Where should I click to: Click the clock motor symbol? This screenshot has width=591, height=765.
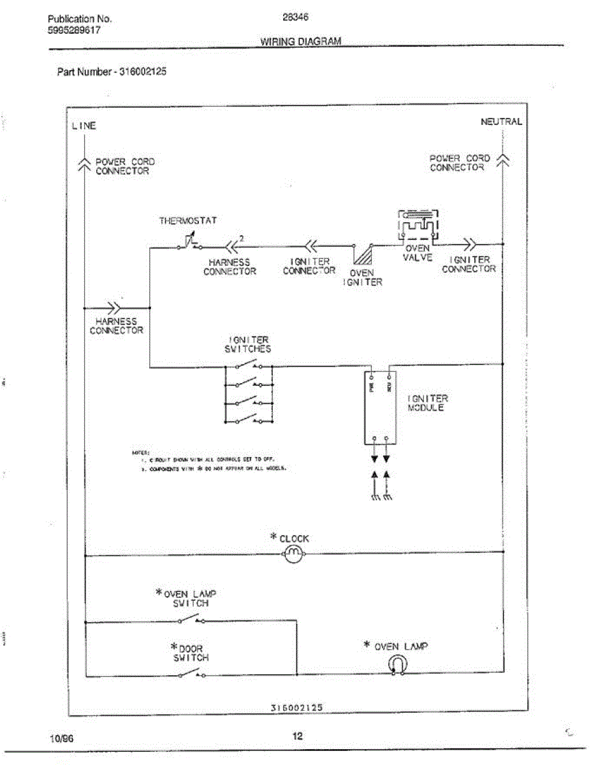[292, 553]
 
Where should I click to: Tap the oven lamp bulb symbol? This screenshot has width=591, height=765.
[396, 665]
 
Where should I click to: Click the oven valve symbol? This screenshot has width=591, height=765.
[418, 226]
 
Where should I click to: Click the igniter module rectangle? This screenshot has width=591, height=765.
[380, 405]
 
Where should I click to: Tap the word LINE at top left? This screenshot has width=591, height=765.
[84, 126]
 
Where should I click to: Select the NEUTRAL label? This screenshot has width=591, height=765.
[501, 121]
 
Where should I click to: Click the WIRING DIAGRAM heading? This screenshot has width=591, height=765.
[301, 41]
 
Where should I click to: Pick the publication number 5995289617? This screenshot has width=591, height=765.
[74, 30]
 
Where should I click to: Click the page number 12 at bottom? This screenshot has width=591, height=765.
[297, 736]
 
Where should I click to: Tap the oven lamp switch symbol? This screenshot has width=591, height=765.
[191, 619]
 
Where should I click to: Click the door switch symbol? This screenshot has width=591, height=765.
[191, 674]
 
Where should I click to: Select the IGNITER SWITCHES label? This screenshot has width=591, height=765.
[247, 344]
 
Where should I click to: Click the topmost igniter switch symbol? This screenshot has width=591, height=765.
[248, 365]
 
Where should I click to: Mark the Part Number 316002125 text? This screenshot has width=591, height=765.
[112, 72]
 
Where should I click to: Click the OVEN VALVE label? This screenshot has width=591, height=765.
[418, 253]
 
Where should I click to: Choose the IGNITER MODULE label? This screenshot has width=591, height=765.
[427, 403]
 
